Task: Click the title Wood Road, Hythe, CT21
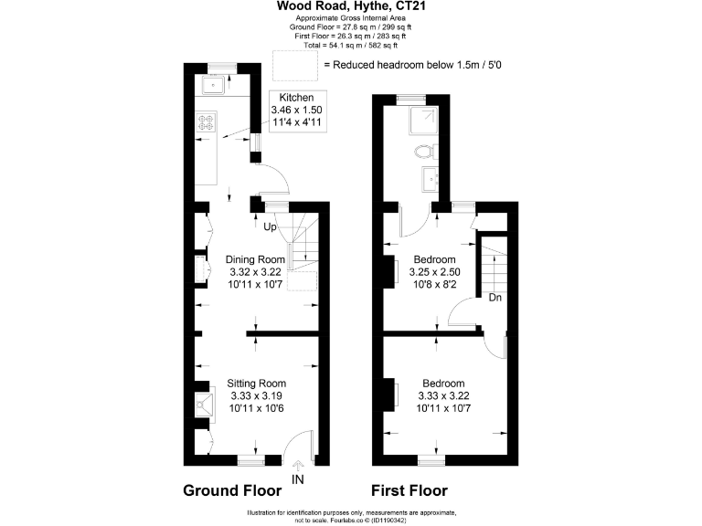[x=352, y=6]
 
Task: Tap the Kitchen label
[x=296, y=98]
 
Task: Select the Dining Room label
[x=256, y=259]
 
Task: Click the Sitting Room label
[x=257, y=383]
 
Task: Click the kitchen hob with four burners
[x=205, y=123]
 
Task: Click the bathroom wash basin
[x=428, y=179]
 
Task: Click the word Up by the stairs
[x=270, y=226]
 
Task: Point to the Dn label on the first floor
[x=495, y=298]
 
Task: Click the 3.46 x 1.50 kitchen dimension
[x=296, y=110]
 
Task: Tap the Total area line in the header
[x=352, y=43]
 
